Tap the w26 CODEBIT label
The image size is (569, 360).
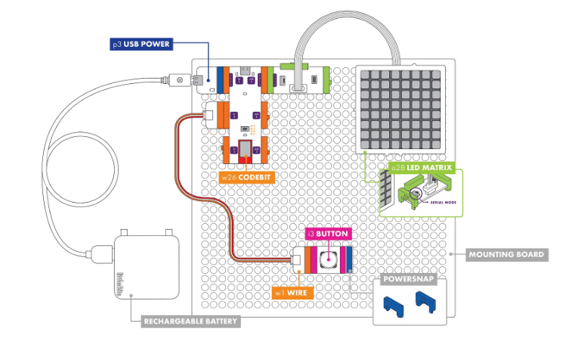pos(246,178)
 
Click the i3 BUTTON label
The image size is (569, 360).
pos(327,234)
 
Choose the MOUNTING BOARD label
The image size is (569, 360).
pos(506,254)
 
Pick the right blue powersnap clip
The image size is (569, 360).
pos(425,303)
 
